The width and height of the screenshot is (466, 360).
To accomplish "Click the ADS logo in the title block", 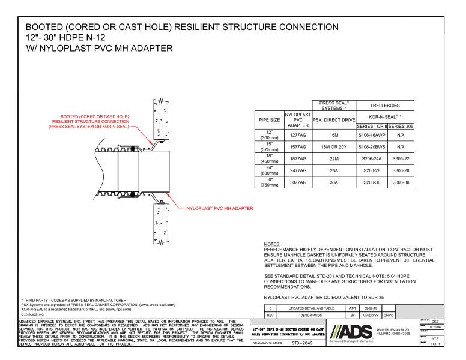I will click(x=345, y=335).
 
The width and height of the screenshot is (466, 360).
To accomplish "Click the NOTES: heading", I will click(x=274, y=245).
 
